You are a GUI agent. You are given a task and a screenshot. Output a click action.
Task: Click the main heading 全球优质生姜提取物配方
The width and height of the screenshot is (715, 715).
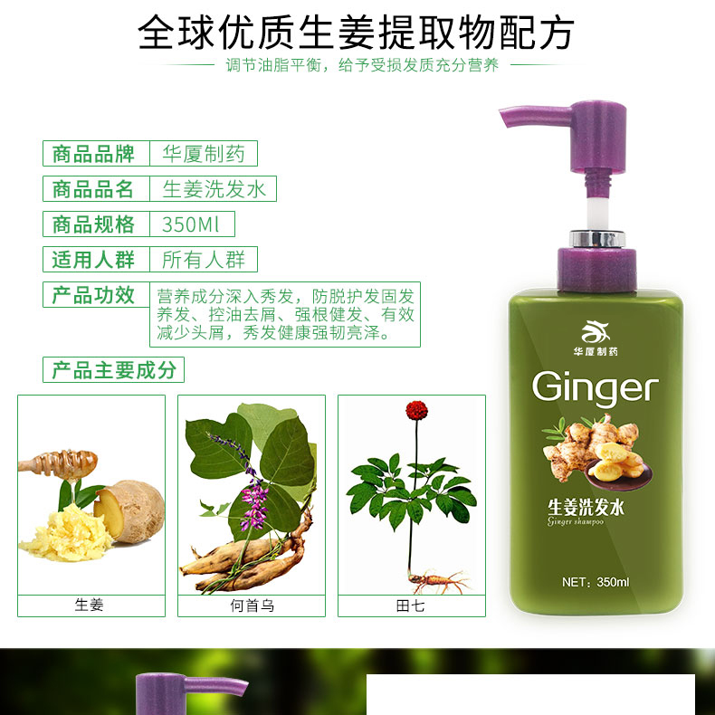point(356,32)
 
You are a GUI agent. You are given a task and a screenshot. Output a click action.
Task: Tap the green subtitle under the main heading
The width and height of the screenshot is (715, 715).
point(363,65)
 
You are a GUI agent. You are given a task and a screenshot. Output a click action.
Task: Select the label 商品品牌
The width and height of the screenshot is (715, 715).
point(93,154)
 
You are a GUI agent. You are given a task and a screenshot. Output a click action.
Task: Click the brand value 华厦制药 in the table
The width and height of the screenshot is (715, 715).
point(204,154)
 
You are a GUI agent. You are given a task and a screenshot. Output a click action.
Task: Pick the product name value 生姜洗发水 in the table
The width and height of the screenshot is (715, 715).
point(214,189)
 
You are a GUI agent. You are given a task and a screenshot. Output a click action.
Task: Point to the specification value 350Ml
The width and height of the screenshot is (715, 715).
point(191,224)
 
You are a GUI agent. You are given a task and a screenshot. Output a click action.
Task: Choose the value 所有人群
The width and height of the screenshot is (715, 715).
point(204,260)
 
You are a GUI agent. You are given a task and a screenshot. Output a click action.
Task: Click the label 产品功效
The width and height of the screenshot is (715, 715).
point(93,295)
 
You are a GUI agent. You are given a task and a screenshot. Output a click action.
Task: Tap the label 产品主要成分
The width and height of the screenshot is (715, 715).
point(114,370)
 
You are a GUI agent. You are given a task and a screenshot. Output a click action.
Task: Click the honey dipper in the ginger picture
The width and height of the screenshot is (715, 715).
point(58,462)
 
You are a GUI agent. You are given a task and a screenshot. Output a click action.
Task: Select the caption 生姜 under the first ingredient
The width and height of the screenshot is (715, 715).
point(90,605)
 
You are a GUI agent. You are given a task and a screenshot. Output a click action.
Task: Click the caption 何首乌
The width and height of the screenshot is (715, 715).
point(252,605)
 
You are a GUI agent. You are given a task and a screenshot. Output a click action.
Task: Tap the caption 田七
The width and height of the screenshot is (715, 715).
point(410,605)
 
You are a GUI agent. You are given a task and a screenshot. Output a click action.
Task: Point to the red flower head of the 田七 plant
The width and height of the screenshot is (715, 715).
point(416,410)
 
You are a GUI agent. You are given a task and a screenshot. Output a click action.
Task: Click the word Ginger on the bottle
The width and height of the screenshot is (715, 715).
point(595,387)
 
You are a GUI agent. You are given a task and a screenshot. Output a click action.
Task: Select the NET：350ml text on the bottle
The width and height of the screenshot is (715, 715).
point(596,582)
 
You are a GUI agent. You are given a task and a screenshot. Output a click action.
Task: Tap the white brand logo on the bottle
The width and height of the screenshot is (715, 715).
point(595,332)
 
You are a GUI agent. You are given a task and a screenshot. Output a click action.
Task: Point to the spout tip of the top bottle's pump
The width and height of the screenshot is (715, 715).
point(504,118)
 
